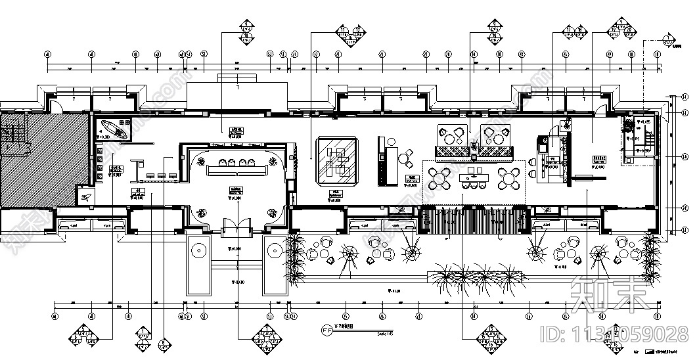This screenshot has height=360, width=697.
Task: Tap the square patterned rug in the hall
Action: (338, 160)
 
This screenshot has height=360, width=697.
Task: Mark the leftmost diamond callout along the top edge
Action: (248, 32)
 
